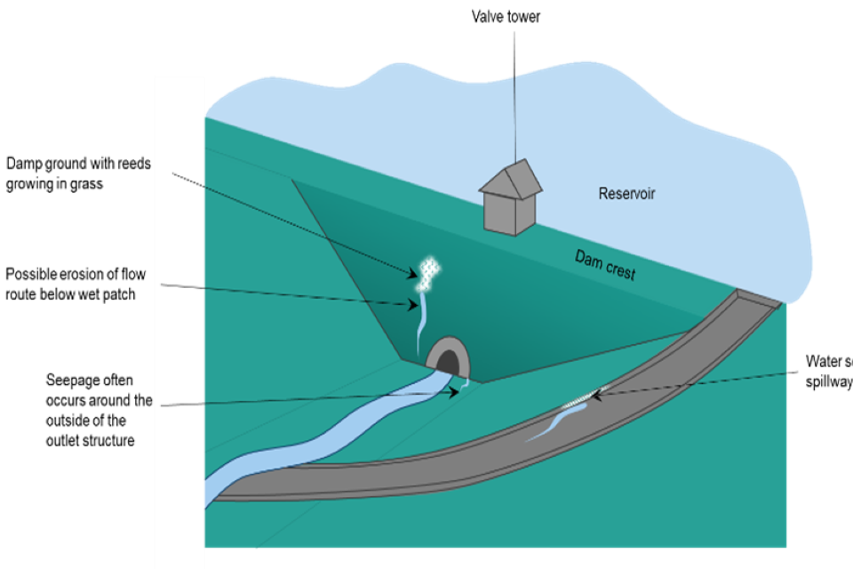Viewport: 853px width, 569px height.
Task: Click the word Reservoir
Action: tap(626, 194)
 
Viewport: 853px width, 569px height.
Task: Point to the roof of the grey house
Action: tap(513, 177)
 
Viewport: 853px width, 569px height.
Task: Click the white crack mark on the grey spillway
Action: tap(582, 401)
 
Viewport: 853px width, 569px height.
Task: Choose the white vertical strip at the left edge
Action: tap(179, 320)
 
